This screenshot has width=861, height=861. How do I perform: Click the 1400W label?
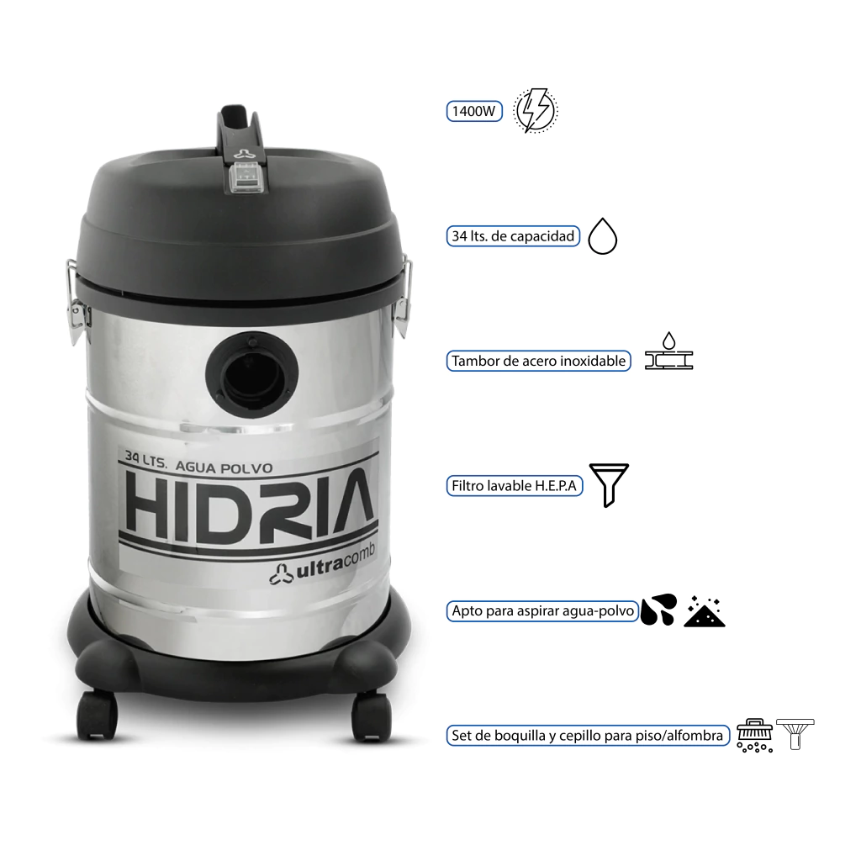click(x=474, y=111)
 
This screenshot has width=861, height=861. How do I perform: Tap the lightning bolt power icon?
click(x=536, y=110)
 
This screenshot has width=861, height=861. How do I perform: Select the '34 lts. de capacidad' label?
click(x=513, y=236)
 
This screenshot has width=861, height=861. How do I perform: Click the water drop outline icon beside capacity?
click(x=602, y=236)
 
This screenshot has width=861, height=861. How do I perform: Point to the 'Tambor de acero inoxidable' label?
click(x=539, y=361)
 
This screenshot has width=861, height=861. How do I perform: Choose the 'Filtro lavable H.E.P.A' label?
click(x=515, y=485)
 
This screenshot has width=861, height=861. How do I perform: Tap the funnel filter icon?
click(x=609, y=485)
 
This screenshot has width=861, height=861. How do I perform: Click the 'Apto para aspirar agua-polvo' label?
click(x=542, y=610)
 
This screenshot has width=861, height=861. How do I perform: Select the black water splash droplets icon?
click(x=659, y=610)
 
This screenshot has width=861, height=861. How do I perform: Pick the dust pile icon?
click(x=705, y=611)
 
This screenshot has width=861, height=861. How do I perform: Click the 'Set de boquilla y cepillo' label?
click(x=588, y=735)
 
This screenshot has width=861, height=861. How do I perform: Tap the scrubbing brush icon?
click(x=754, y=735)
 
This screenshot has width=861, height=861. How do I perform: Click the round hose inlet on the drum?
click(x=252, y=374)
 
